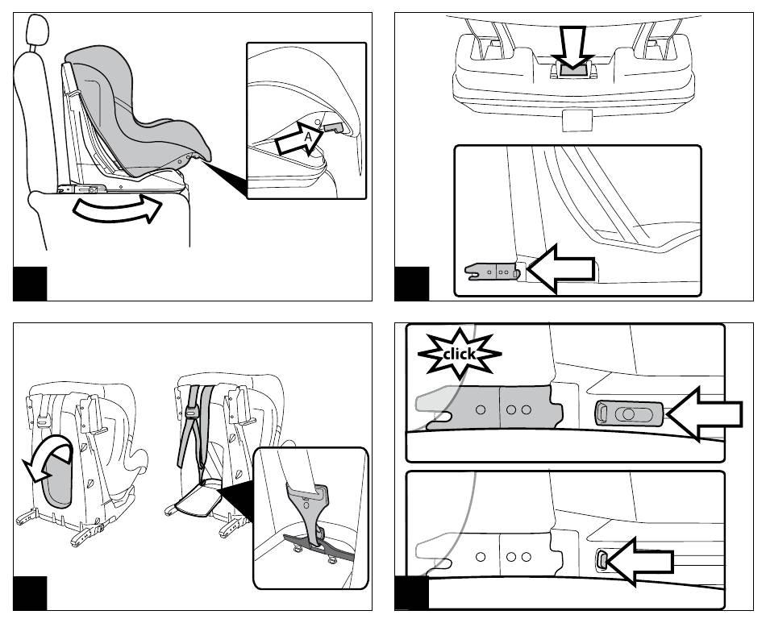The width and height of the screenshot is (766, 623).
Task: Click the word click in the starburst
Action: [x=460, y=353]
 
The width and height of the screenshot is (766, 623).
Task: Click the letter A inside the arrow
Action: [x=307, y=138]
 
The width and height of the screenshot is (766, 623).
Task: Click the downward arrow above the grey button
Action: [x=572, y=52]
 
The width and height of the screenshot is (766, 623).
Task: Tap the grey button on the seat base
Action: [x=572, y=71]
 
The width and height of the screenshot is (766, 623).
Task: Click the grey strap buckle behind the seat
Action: [x=192, y=412]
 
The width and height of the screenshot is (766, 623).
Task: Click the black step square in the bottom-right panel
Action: [x=412, y=594]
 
